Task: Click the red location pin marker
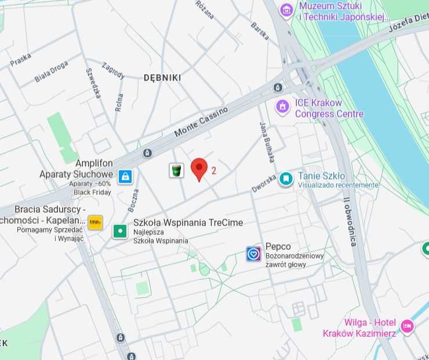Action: [x=199, y=169]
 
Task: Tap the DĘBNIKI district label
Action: [x=162, y=78]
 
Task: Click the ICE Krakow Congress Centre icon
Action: [x=282, y=106]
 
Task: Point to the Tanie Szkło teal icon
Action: [x=285, y=179]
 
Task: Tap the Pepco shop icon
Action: [x=253, y=253]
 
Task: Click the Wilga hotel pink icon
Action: [x=408, y=326]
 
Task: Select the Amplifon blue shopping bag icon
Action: [x=125, y=176]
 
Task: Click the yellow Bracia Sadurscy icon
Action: [x=95, y=222]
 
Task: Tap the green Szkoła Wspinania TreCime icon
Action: [x=120, y=231]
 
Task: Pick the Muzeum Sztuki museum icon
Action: [x=286, y=9]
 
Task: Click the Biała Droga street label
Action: [x=51, y=71]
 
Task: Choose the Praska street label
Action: [x=20, y=59]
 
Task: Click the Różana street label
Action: [x=205, y=10]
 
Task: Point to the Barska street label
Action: [x=260, y=31]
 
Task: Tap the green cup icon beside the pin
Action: [x=176, y=170]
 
